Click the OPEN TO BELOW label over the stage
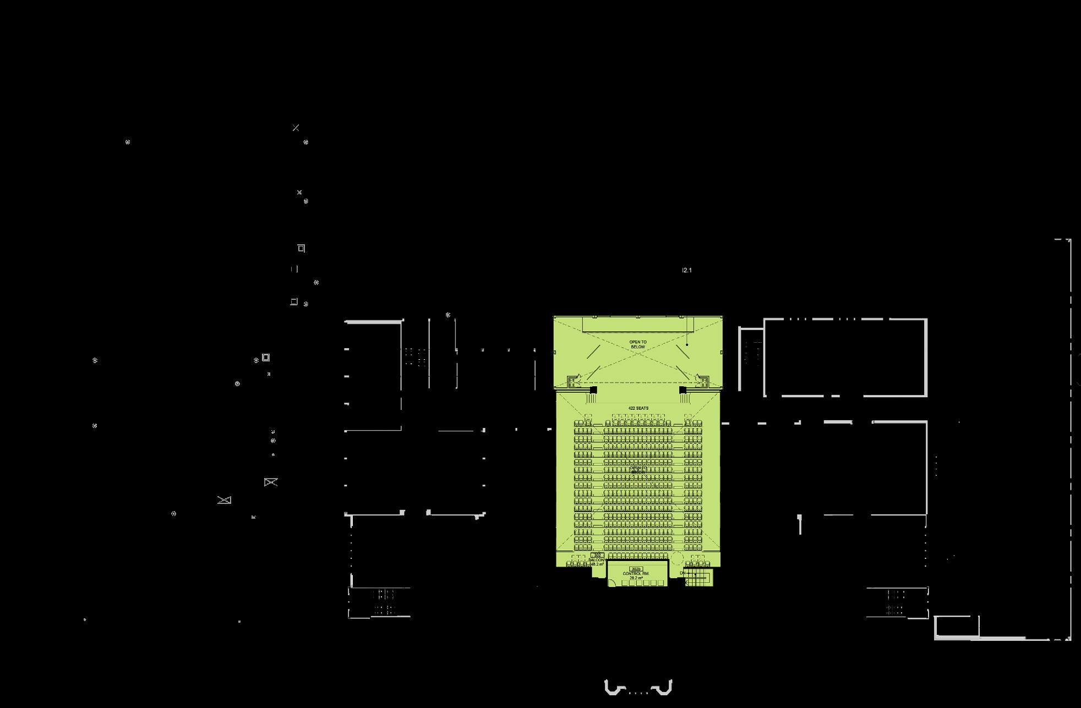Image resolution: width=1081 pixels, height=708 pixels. coord(638,344)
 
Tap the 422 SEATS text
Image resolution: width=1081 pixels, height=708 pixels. coord(638,408)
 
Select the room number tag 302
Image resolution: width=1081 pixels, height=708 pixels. coord(597,555)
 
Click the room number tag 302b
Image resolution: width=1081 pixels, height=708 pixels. coord(636,569)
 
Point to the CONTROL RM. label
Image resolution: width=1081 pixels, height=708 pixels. coord(636,574)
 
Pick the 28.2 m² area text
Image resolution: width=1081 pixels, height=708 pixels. coord(636,578)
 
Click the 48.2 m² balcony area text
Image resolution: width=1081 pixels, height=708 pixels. coord(597,564)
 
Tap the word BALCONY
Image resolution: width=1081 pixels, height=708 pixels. coord(597,560)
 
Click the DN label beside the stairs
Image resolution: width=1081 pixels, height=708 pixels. coord(683,573)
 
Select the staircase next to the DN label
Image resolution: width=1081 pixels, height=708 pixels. coord(700,578)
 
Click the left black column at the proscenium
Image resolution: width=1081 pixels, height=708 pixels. coord(593,390)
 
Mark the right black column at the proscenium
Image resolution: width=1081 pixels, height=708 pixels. coord(683,390)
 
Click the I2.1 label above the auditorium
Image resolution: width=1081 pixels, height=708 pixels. coord(686,270)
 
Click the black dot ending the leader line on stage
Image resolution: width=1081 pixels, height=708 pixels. coord(687,345)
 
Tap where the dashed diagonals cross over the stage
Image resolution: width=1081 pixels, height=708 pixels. coord(638,352)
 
